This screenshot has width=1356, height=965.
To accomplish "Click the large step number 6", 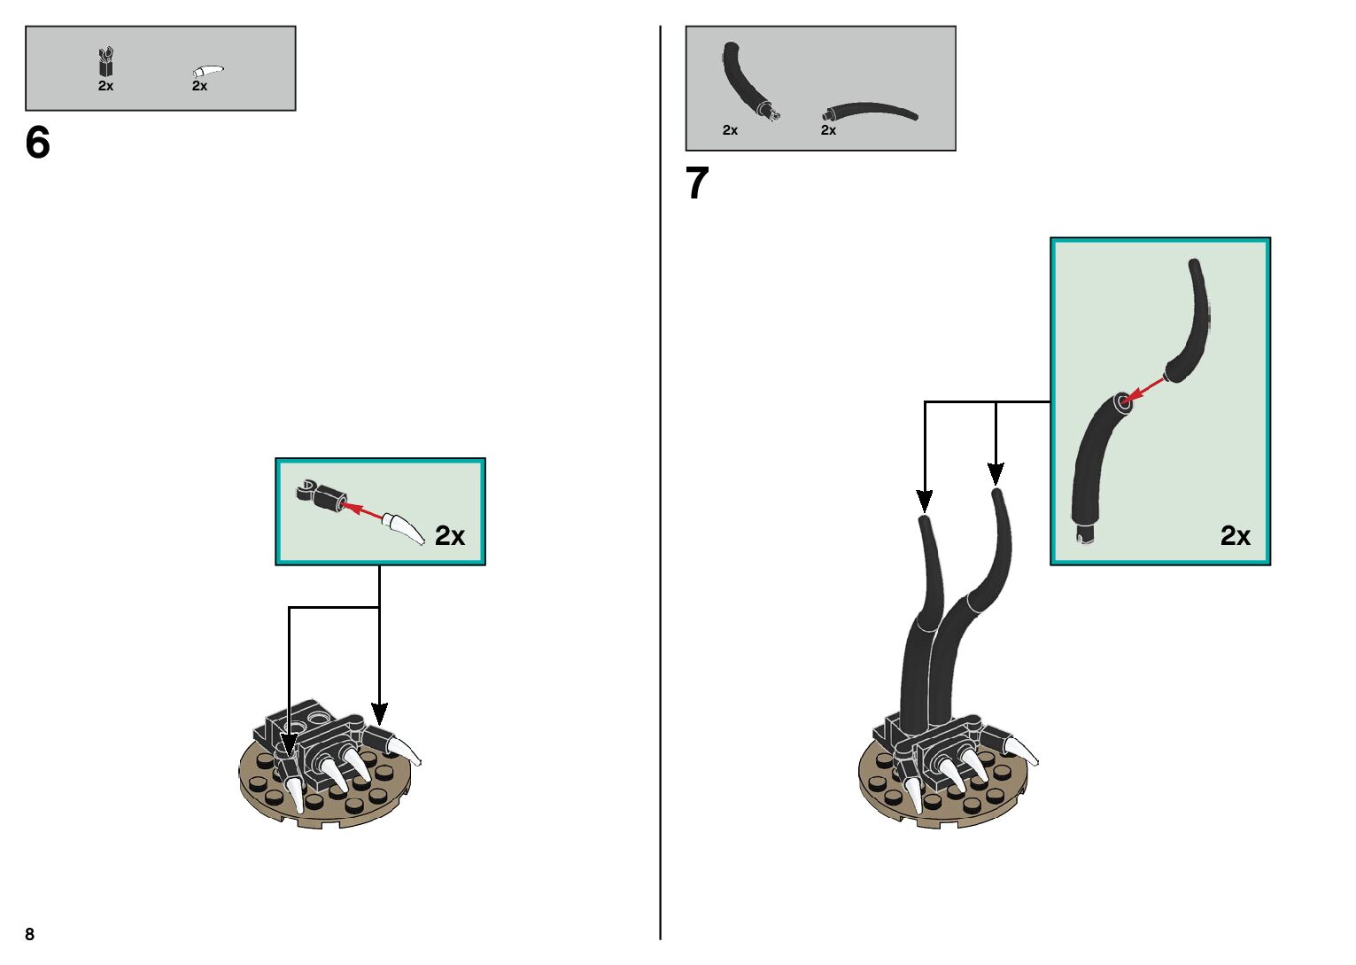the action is click(x=38, y=143).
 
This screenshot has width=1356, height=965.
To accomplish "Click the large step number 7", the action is click(x=697, y=183).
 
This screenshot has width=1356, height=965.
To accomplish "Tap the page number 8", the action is click(x=30, y=934).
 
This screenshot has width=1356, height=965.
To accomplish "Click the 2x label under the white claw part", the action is click(x=199, y=86).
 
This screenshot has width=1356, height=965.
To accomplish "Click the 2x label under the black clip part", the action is click(x=105, y=86).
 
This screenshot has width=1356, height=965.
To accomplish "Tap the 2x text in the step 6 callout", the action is click(x=449, y=535).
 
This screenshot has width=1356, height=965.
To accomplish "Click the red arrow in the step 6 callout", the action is click(x=362, y=511).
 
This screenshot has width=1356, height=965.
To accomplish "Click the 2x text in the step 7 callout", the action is click(x=1235, y=535).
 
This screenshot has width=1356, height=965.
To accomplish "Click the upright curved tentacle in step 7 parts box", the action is click(x=748, y=80).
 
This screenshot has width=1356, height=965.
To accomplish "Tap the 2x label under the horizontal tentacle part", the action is click(x=828, y=130).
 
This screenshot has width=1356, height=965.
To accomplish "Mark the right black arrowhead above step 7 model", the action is click(x=996, y=473).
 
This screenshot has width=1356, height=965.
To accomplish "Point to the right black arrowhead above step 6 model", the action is click(x=379, y=713).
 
